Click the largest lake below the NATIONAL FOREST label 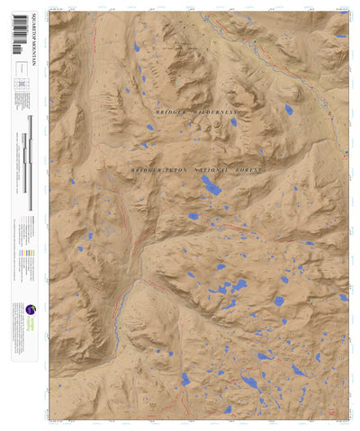pos(211,185)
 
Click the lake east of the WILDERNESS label pos(289,110)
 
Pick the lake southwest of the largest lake pos(193,216)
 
